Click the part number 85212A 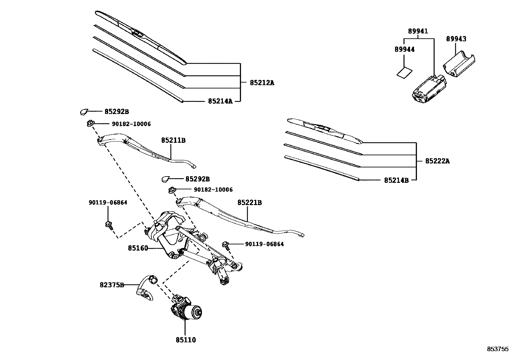click(262, 83)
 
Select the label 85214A click(220, 101)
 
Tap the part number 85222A click(437, 161)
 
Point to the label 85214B click(396, 180)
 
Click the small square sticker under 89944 click(404, 72)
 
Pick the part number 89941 click(418, 31)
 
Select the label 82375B click(112, 285)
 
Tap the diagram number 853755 click(498, 349)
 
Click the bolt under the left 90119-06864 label click(109, 225)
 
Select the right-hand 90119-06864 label click(264, 244)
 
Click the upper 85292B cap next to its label click(84, 112)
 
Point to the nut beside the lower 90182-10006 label click(172, 190)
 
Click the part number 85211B click(173, 140)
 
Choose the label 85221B click(249, 203)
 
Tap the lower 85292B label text click(197, 179)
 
